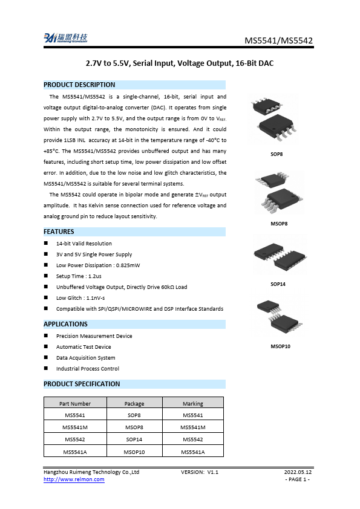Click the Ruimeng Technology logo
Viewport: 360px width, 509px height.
pyautogui.click(x=65, y=38)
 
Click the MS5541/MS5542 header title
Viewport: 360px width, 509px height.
pyautogui.click(x=278, y=41)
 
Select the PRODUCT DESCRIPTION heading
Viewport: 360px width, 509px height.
pyautogui.click(x=79, y=85)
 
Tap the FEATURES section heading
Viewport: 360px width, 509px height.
pyautogui.click(x=59, y=232)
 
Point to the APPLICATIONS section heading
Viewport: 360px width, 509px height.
pyautogui.click(x=65, y=325)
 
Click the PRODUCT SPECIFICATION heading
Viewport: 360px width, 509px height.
pyautogui.click(x=82, y=384)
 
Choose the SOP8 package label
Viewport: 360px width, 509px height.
pyautogui.click(x=277, y=155)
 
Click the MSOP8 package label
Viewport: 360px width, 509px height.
pyautogui.click(x=278, y=223)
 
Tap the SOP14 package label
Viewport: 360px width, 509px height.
pyautogui.click(x=278, y=284)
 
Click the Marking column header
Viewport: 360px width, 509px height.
pyautogui.click(x=193, y=403)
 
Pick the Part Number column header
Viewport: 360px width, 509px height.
pyautogui.click(x=75, y=403)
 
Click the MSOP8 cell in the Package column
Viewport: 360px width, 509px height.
pyautogui.click(x=134, y=427)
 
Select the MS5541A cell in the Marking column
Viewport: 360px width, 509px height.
pyautogui.click(x=193, y=452)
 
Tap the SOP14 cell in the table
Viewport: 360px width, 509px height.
pyautogui.click(x=134, y=439)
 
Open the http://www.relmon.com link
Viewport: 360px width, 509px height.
pyautogui.click(x=74, y=479)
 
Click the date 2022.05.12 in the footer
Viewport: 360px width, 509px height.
pyautogui.click(x=298, y=472)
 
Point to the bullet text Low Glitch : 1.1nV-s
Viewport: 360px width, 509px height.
pyautogui.click(x=84, y=298)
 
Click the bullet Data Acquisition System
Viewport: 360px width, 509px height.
pyautogui.click(x=85, y=358)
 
